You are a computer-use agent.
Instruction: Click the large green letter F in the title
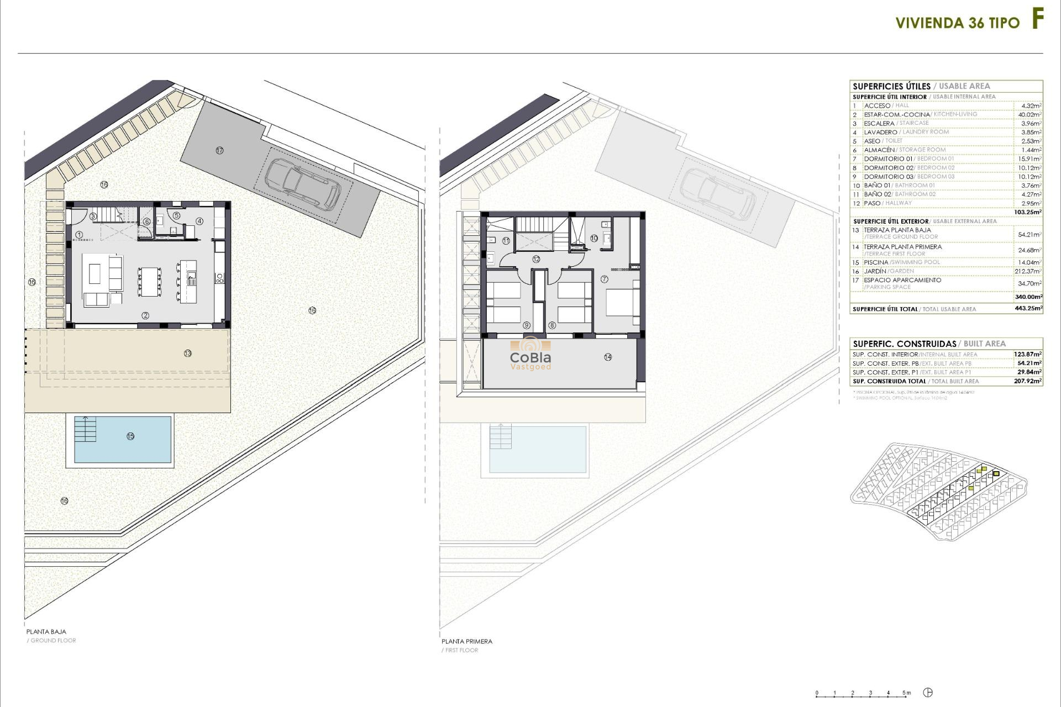pyautogui.click(x=1038, y=20)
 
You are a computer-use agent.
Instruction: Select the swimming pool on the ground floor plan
pyautogui.click(x=123, y=439)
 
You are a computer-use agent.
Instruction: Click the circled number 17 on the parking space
pyautogui.click(x=219, y=150)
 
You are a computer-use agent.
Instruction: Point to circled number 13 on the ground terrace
pyautogui.click(x=188, y=353)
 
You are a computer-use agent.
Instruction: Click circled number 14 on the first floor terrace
pyautogui.click(x=608, y=357)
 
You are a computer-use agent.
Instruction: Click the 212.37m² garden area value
pyautogui.click(x=1029, y=271)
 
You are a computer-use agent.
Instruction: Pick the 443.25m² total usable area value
pyautogui.click(x=1028, y=309)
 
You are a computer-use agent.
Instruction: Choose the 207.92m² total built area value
pyautogui.click(x=1028, y=381)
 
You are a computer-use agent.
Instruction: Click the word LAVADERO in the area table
pyautogui.click(x=880, y=133)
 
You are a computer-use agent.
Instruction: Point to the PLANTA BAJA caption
pyautogui.click(x=46, y=631)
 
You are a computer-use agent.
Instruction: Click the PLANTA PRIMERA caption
pyautogui.click(x=466, y=641)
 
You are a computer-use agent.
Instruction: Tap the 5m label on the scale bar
pyautogui.click(x=907, y=693)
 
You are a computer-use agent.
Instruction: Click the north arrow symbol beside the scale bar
pyautogui.click(x=928, y=693)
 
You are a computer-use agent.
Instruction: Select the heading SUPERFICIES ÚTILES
pyautogui.click(x=891, y=86)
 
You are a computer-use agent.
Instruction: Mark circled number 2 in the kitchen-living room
pyautogui.click(x=145, y=315)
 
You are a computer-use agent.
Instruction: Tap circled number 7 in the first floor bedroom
pyautogui.click(x=604, y=279)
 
